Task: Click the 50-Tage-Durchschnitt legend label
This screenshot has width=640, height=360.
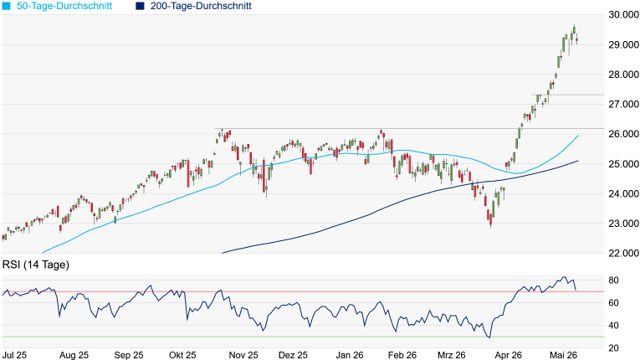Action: [64, 6]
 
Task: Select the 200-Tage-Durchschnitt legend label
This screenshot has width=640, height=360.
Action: [201, 6]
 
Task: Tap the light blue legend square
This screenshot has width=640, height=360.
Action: [6, 7]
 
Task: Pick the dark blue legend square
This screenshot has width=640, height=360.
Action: [140, 7]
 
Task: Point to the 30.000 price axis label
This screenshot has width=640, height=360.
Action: [623, 15]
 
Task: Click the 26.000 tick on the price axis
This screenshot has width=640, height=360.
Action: [623, 134]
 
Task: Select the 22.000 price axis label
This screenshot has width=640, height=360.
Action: [623, 254]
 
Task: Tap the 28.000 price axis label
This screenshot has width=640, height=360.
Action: [623, 75]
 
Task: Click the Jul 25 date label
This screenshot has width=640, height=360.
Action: [15, 355]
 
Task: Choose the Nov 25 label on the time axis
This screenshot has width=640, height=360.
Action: [243, 355]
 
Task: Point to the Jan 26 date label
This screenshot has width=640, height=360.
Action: [350, 355]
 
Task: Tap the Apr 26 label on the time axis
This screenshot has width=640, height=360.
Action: [508, 355]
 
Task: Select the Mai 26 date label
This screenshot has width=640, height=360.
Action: [563, 355]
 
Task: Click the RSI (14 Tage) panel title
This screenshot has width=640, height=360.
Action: [36, 265]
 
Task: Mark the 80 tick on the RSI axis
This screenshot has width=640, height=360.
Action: [613, 280]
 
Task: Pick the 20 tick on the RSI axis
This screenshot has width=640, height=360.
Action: [613, 348]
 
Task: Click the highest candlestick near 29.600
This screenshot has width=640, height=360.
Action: [574, 29]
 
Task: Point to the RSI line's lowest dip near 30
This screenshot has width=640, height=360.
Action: [489, 337]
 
